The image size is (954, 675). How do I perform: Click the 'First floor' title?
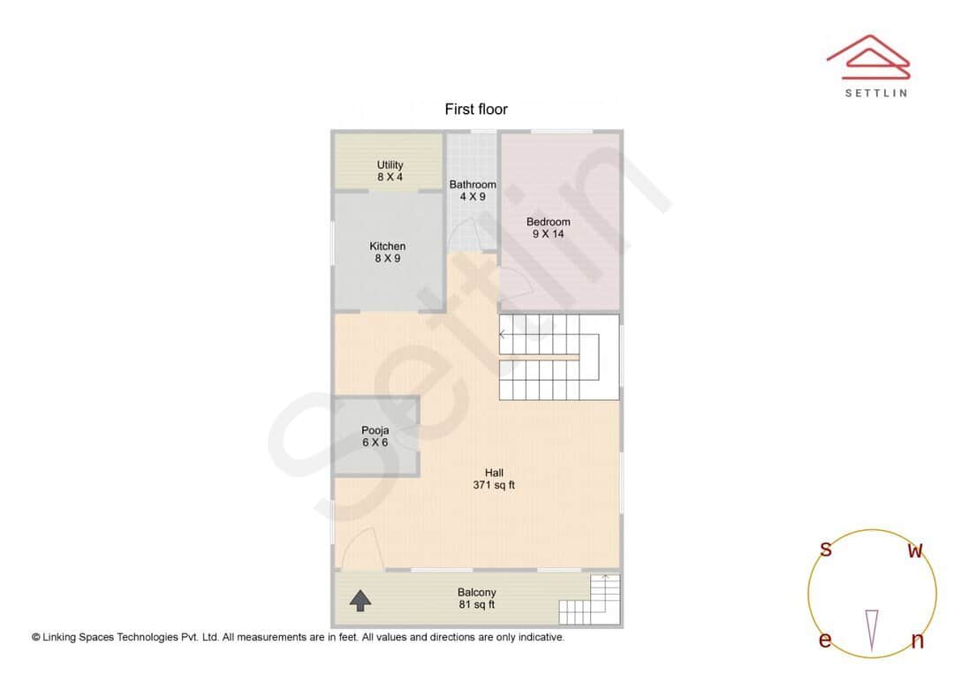[476, 110]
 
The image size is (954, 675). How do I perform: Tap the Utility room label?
[390, 171]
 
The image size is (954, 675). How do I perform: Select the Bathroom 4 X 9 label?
[473, 191]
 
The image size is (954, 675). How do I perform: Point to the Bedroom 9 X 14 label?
[548, 228]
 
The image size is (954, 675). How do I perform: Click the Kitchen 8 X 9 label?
[387, 253]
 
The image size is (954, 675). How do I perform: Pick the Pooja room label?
[375, 436]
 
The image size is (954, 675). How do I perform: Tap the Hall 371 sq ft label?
[494, 479]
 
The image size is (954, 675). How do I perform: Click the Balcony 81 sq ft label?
[476, 598]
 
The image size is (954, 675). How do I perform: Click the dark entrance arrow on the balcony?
[360, 601]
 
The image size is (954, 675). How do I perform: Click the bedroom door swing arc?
[517, 284]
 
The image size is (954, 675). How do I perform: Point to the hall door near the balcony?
[360, 548]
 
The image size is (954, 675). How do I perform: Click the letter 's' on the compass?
[826, 550]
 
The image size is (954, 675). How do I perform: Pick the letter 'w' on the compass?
[915, 551]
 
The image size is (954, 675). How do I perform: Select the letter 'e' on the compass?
[825, 641]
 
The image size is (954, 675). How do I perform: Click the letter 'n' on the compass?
[917, 641]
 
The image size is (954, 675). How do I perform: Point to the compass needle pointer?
[872, 630]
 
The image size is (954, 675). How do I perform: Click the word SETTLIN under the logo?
[875, 93]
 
